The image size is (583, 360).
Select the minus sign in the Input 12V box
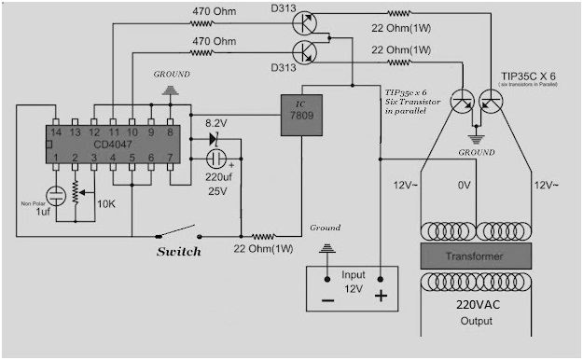[327, 301]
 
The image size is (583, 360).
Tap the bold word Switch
[177, 252]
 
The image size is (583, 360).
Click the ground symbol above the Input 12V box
[327, 248]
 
